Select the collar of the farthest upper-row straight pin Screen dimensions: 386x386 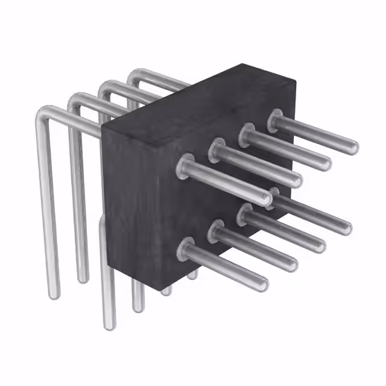pyautogui.click(x=277, y=119)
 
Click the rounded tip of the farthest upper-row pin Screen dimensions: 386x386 pyautogui.click(x=353, y=147)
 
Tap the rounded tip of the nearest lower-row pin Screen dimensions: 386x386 pyautogui.click(x=264, y=284)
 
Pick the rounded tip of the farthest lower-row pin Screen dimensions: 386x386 pyautogui.click(x=346, y=228)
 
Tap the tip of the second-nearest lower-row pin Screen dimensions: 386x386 pyautogui.click(x=293, y=264)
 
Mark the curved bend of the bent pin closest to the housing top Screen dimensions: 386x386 pyautogui.click(x=136, y=75)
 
